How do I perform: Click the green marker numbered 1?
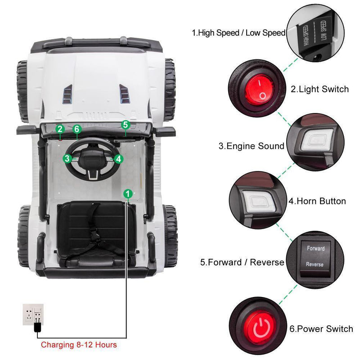point(128,193)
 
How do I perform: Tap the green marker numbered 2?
point(60,129)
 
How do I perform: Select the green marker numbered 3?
point(67,158)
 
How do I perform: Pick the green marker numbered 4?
point(118,158)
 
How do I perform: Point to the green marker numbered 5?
point(126,125)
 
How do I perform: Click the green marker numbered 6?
point(77,129)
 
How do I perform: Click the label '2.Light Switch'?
point(319,89)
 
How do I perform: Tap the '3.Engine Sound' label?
point(252,146)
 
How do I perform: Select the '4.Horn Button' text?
point(317,201)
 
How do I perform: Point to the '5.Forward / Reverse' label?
point(242,262)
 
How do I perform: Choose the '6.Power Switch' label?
point(321,329)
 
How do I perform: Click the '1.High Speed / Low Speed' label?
point(238,32)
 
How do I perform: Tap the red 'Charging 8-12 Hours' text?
point(79,345)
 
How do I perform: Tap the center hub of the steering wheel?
point(93,157)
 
